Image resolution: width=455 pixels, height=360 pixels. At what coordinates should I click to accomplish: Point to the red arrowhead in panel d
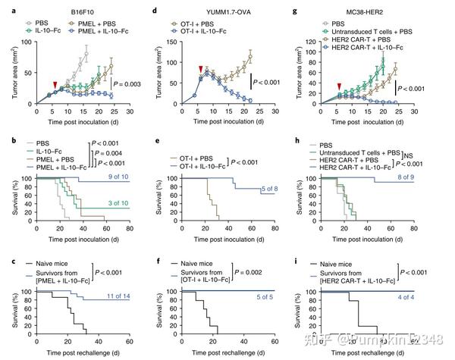point(199,70)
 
